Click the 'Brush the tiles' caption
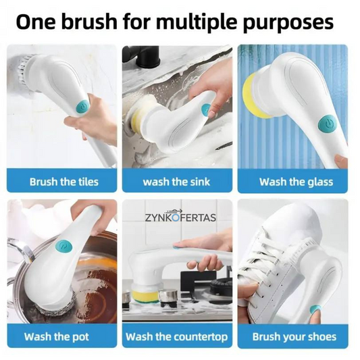pyautogui.click(x=64, y=182)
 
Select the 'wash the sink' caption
pyautogui.click(x=176, y=182)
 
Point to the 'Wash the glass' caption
pyautogui.click(x=297, y=182)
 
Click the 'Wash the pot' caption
pyautogui.click(x=57, y=336)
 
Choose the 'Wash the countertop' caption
pyautogui.click(x=176, y=336)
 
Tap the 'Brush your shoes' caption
pyautogui.click(x=294, y=336)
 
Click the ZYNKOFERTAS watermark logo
pyautogui.click(x=180, y=216)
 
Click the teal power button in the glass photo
pyautogui.click(x=327, y=124)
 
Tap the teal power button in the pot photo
pyautogui.click(x=64, y=247)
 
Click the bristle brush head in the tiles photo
pyautogui.click(x=24, y=70)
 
